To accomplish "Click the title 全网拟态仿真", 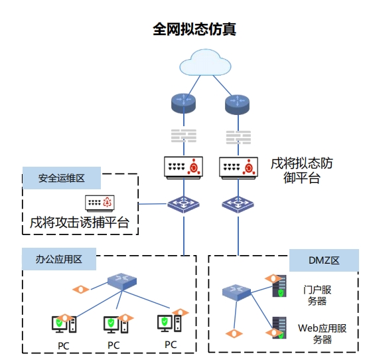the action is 194,29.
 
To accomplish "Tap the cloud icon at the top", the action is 205,62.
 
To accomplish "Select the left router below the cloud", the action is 183,104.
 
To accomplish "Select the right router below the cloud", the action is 237,104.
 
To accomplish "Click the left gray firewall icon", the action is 184,135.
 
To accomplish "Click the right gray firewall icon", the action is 238,137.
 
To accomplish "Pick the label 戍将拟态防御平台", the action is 302,171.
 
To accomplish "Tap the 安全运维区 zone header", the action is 62,178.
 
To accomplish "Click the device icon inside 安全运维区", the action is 100,203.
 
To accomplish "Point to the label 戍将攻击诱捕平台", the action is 80,223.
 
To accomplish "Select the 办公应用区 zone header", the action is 59,259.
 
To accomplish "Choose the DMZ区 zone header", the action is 324,260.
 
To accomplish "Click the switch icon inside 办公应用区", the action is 122,282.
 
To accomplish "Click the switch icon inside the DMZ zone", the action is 236,292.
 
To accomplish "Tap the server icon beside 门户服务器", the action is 279,286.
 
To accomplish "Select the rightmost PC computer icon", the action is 169,323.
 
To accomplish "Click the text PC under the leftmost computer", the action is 64,346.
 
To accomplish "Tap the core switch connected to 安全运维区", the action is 183,205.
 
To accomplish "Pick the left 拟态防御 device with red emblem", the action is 183,167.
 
